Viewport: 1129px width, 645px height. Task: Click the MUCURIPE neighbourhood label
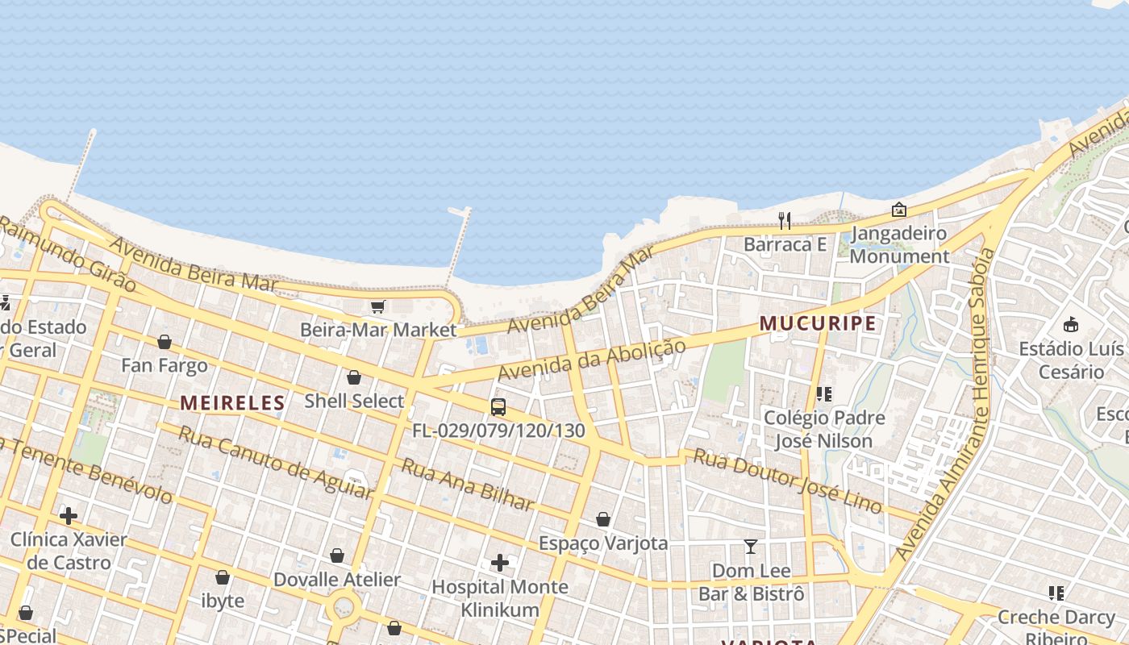(x=818, y=323)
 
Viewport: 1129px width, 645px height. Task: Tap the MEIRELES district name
(x=232, y=402)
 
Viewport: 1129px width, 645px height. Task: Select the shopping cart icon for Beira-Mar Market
(x=377, y=306)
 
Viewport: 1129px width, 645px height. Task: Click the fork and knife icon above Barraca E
(x=784, y=220)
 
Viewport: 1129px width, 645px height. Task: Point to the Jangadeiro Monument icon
(x=899, y=210)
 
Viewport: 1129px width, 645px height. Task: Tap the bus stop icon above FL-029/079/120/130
(x=498, y=407)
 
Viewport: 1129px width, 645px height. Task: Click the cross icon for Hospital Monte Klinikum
(x=500, y=563)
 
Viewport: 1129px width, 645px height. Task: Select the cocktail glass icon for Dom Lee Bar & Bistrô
(x=751, y=547)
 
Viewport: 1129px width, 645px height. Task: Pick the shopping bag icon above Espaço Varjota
(x=602, y=520)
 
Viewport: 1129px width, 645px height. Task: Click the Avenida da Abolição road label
(x=591, y=360)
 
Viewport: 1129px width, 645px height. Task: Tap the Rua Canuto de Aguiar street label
(x=275, y=462)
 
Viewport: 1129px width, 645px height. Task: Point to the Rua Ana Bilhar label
(x=468, y=485)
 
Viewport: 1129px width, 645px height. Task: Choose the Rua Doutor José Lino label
(x=788, y=481)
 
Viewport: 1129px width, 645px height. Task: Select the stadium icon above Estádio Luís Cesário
(x=1071, y=325)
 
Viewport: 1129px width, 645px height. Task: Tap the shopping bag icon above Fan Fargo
(x=165, y=342)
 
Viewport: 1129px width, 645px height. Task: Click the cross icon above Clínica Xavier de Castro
(x=69, y=516)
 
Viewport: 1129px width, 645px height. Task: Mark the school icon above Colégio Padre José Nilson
(x=823, y=394)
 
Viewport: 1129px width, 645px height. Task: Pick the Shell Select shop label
(x=354, y=401)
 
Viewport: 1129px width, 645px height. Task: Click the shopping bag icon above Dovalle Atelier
(x=337, y=556)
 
